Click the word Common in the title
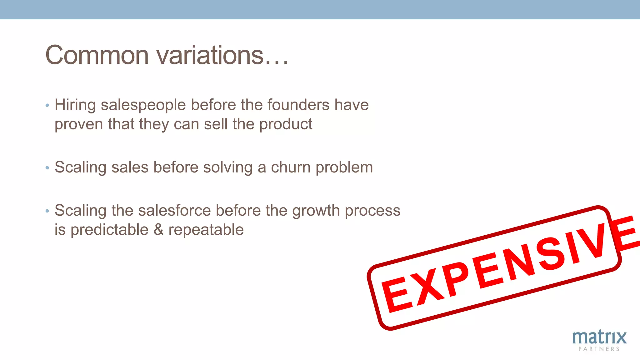(97, 55)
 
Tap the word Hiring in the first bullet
(75, 105)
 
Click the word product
(286, 124)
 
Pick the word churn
(291, 167)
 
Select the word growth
(316, 211)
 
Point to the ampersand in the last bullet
(158, 230)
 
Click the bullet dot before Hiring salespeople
(47, 105)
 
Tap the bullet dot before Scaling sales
(47, 168)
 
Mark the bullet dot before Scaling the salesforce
(47, 211)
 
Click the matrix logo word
(599, 337)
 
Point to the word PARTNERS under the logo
(599, 349)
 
